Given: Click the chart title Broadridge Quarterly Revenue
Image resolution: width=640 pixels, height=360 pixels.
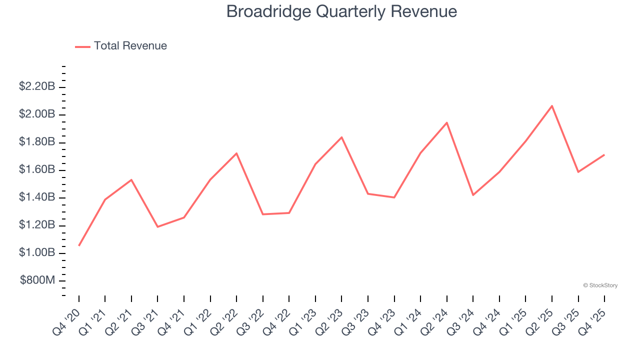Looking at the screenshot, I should point(341,11).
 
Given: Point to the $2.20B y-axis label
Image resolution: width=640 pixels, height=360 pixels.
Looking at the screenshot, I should point(37,86).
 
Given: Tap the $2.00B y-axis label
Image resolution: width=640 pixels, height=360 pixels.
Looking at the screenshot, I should point(37,114).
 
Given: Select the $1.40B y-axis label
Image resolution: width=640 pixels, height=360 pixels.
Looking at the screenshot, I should point(37,197).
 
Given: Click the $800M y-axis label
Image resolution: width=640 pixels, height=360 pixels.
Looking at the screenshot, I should point(37,280).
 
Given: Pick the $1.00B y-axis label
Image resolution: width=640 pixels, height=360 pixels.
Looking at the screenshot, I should point(37,253).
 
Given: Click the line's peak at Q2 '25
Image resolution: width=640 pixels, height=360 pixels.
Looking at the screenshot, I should point(552,106).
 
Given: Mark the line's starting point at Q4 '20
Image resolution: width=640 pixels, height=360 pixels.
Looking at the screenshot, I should point(79,245).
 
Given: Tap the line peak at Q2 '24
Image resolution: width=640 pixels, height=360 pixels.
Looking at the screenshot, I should point(446,122).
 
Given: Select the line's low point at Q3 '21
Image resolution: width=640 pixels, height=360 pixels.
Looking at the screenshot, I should point(157,227).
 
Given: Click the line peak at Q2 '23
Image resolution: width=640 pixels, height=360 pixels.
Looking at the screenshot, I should point(341,137).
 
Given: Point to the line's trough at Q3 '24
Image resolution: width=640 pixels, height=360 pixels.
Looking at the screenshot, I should point(473,195).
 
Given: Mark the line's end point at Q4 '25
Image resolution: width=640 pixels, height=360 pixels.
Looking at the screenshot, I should point(604,155).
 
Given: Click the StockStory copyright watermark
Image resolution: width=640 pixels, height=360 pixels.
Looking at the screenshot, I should point(600,285).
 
